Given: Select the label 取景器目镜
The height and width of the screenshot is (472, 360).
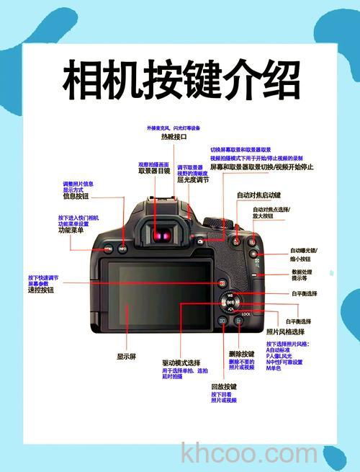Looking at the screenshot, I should (154, 172).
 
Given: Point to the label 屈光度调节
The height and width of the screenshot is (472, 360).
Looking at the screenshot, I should (192, 180).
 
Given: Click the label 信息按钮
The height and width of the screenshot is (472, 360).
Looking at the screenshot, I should (76, 196).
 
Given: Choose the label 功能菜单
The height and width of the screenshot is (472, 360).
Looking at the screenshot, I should (71, 231).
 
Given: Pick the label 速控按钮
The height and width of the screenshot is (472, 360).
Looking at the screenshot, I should (41, 290).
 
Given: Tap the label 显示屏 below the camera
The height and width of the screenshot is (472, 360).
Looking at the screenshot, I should (127, 356).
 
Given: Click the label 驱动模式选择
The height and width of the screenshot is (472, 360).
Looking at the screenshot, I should (181, 362).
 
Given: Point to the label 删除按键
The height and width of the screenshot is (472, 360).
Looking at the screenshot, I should (241, 354).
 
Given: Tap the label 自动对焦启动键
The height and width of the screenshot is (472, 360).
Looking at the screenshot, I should (258, 195).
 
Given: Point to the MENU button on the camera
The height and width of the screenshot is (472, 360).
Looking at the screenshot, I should (107, 249).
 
